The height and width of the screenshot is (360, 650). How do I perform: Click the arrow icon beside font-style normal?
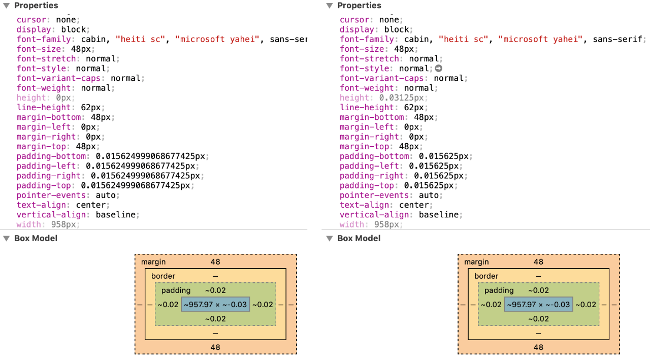[x=439, y=69]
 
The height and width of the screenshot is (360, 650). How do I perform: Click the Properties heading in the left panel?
[x=36, y=6]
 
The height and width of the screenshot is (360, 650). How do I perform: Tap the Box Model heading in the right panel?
[x=359, y=238]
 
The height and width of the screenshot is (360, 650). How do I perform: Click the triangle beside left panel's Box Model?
[x=7, y=238]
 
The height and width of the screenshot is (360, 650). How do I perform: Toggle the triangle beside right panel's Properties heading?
[x=330, y=6]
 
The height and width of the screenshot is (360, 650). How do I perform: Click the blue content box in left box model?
[x=215, y=305]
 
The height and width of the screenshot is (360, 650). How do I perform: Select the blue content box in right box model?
[x=538, y=305]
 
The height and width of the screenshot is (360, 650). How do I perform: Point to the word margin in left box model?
[x=153, y=262]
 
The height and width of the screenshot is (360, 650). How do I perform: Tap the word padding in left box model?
[x=176, y=290]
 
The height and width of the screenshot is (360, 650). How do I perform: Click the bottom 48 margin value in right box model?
[x=538, y=347]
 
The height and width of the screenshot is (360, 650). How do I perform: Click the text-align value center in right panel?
[x=414, y=205]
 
